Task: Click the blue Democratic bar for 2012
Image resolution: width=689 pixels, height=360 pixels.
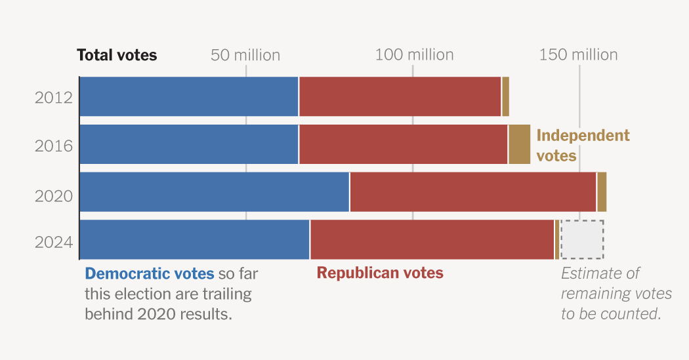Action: (x=189, y=96)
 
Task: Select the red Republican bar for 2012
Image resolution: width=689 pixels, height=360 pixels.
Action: (x=400, y=96)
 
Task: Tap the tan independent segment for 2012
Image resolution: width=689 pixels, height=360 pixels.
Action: (x=505, y=96)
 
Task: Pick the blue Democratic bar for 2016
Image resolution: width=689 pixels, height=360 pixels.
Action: (x=189, y=144)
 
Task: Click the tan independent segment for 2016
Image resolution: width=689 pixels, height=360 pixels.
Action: (x=519, y=144)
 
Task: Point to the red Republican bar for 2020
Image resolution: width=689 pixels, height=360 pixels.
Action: (x=472, y=192)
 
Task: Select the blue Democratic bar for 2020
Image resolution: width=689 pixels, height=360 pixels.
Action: (x=215, y=192)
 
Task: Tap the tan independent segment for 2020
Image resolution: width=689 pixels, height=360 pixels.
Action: (x=602, y=192)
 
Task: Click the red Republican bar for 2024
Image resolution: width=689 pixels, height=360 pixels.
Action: (x=432, y=239)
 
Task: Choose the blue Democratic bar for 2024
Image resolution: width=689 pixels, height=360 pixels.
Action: (x=194, y=239)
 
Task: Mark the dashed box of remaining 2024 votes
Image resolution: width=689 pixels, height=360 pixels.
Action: (x=583, y=239)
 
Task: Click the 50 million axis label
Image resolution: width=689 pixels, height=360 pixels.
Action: (x=245, y=55)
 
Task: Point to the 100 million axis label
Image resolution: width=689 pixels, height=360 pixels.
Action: (x=414, y=55)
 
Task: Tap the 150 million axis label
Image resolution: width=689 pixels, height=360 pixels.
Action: (x=578, y=55)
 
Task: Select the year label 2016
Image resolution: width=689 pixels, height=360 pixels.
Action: (x=54, y=145)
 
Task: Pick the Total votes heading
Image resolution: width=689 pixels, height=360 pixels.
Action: (x=117, y=55)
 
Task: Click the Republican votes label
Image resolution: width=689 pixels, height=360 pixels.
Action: (x=380, y=273)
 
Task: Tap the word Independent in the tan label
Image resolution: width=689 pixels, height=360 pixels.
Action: (x=583, y=136)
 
